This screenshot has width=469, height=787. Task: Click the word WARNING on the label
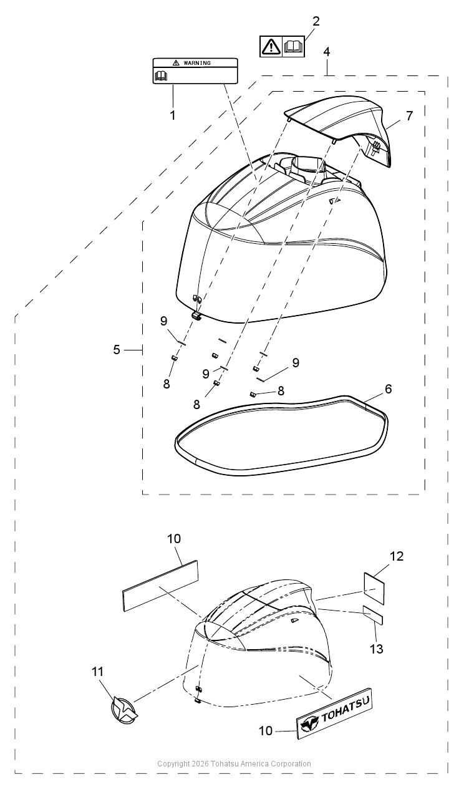click(197, 63)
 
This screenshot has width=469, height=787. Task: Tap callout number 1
click(173, 115)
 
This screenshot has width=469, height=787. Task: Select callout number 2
click(316, 21)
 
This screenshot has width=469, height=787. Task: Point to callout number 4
click(327, 52)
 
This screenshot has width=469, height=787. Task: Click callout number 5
click(117, 350)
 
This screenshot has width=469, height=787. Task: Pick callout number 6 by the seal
click(388, 389)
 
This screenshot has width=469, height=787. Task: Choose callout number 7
click(409, 115)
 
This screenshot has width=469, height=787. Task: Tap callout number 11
click(98, 672)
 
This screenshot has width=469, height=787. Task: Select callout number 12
click(397, 556)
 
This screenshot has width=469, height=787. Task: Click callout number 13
click(376, 649)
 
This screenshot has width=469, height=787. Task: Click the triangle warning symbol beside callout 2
click(271, 46)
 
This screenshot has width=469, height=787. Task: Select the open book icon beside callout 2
click(293, 46)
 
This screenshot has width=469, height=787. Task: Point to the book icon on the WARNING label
click(161, 75)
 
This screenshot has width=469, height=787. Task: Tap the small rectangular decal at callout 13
click(373, 615)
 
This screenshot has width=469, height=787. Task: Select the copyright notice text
click(234, 764)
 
